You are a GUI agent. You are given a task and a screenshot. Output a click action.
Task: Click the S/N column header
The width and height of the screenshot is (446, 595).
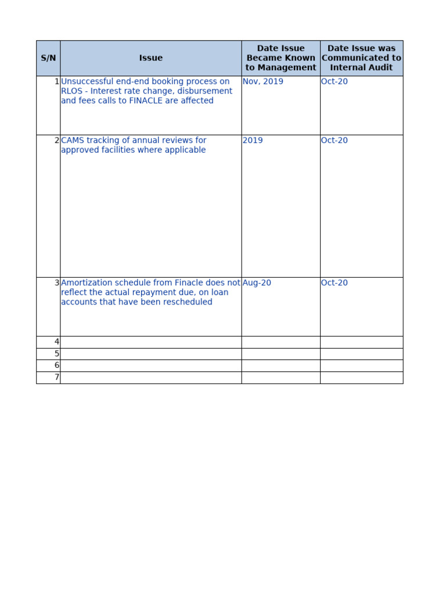pos(48,58)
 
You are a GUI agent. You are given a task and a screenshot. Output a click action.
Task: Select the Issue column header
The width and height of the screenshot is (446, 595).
pos(151,58)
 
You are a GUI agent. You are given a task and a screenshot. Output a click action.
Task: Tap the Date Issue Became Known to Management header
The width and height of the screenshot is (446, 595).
pos(280,58)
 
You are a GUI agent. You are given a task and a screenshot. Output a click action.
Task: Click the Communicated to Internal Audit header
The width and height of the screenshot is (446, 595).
pos(361,58)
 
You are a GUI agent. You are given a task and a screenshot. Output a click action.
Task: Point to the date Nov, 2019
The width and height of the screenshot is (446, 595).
pos(263,81)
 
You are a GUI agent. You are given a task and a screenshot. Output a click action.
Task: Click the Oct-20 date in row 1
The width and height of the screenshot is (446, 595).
pos(334,81)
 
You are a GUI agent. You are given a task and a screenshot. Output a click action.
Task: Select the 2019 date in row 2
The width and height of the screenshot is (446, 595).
pos(253,140)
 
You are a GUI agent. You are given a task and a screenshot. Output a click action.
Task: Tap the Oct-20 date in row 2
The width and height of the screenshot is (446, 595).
pos(334,140)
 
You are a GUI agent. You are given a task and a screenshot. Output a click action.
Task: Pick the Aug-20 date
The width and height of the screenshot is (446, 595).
pos(257,283)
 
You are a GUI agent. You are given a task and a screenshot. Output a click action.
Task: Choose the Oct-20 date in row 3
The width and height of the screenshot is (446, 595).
pos(334,283)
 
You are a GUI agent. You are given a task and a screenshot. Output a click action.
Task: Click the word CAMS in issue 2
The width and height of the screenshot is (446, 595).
pos(73,140)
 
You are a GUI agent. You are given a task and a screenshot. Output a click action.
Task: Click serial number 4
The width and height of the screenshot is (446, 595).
pos(56,342)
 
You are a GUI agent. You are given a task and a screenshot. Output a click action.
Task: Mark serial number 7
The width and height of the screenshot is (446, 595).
pos(56,378)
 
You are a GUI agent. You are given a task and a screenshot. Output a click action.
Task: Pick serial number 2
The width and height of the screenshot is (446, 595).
pos(56,140)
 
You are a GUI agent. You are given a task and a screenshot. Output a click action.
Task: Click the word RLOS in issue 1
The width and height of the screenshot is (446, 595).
pos(72,91)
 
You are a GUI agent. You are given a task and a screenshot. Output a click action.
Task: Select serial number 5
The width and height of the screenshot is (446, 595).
pos(56,354)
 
